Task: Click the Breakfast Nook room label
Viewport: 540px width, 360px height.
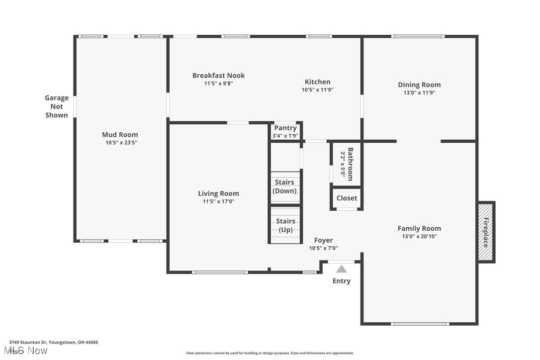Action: click(x=218, y=76)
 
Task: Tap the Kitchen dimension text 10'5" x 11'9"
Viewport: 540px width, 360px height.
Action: click(x=317, y=90)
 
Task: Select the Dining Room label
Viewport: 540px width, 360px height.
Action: click(x=419, y=85)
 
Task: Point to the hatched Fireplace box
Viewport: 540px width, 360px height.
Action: click(x=486, y=232)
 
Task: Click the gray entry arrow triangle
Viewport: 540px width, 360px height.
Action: click(x=342, y=270)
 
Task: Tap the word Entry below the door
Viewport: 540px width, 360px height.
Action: click(x=342, y=281)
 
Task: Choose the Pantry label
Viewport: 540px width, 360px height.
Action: click(x=285, y=128)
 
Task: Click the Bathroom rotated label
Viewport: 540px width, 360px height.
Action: click(x=351, y=164)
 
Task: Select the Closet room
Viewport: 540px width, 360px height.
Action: click(x=347, y=198)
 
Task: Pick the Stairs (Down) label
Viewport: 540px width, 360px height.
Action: click(x=285, y=186)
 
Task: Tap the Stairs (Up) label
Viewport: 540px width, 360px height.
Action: click(x=285, y=225)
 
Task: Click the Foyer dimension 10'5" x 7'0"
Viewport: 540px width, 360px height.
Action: click(x=323, y=248)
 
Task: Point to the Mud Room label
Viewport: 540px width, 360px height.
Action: click(x=120, y=134)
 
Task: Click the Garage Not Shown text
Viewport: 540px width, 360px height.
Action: click(x=57, y=106)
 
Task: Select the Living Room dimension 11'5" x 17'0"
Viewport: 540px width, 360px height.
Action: click(x=218, y=201)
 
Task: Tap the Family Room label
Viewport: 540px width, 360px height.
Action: click(x=419, y=228)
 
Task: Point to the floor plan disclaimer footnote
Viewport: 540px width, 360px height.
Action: click(x=270, y=353)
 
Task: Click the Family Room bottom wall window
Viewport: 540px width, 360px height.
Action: click(x=420, y=324)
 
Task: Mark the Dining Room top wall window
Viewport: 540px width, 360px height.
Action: click(x=418, y=36)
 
